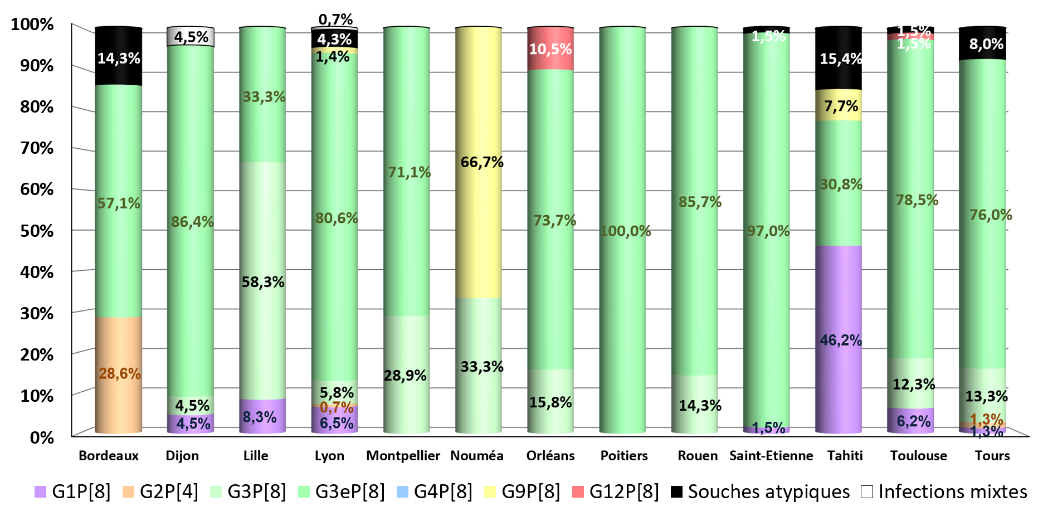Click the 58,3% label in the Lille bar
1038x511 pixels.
point(263,282)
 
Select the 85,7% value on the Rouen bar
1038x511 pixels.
point(700,202)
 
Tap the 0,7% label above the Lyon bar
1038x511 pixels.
point(335,20)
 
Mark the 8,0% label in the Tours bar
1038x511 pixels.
point(986,44)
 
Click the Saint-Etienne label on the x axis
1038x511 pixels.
point(771,456)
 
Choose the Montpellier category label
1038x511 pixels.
point(403,456)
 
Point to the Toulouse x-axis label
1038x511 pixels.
point(918,456)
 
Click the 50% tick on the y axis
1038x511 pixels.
point(37,231)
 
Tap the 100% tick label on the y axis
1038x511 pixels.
point(32,25)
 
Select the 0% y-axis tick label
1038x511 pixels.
point(42,437)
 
